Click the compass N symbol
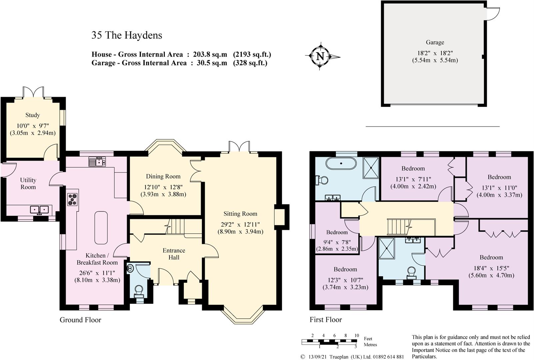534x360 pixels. click(x=320, y=56)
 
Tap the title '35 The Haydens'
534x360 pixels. click(x=127, y=35)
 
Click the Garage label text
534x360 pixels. click(x=435, y=42)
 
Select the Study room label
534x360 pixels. click(x=33, y=115)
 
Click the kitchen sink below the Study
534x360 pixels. click(x=97, y=162)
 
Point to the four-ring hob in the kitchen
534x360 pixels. click(x=73, y=199)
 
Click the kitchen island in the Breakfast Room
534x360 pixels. click(x=101, y=228)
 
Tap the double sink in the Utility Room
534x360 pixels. click(x=39, y=210)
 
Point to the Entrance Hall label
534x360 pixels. click(x=174, y=254)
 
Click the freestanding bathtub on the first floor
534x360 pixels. click(x=341, y=163)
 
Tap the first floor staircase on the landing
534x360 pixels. click(x=398, y=227)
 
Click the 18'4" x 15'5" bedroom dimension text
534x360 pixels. click(x=491, y=268)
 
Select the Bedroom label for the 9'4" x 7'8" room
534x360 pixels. click(x=337, y=232)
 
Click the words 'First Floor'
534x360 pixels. click(x=325, y=320)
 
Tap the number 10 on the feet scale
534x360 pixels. click(x=356, y=335)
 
